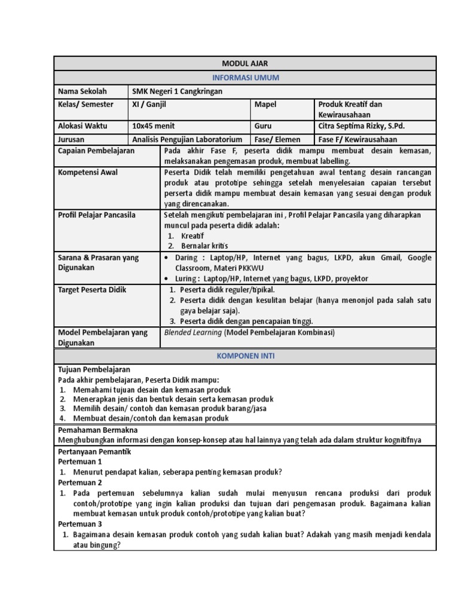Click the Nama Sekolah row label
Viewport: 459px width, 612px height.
coord(82,91)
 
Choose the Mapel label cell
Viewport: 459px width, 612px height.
coord(265,104)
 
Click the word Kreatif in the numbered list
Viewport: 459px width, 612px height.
coord(192,236)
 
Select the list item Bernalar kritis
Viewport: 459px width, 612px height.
coord(204,246)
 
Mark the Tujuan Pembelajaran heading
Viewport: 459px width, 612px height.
coord(94,370)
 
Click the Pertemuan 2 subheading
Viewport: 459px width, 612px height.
coord(80,482)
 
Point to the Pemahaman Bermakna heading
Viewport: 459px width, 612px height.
coord(97,430)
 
